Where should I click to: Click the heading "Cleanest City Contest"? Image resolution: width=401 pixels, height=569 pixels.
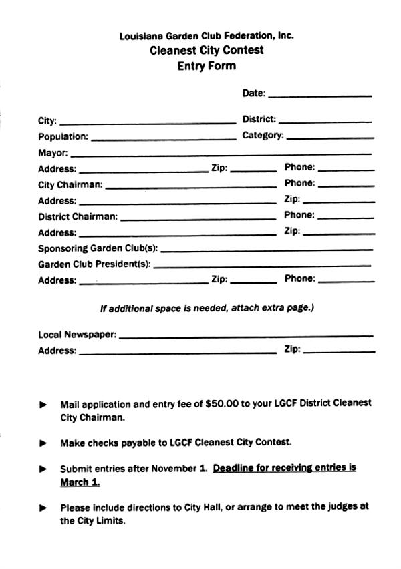[207, 50]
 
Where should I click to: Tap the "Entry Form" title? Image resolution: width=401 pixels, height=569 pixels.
[207, 66]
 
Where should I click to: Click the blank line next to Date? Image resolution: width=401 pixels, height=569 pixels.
[319, 95]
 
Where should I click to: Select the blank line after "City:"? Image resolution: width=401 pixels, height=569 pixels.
[148, 122]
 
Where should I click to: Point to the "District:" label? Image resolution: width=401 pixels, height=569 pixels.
[259, 120]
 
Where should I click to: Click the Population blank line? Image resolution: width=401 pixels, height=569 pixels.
[163, 138]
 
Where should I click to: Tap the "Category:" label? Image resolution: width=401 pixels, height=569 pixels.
[263, 136]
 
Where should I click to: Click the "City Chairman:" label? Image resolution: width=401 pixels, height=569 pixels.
[70, 185]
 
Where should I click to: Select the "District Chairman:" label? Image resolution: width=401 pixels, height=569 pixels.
[78, 216]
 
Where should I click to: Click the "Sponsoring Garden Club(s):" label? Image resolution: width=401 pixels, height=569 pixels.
[98, 248]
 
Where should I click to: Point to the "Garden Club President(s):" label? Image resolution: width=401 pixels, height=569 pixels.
[94, 264]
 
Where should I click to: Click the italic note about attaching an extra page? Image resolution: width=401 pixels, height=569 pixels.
[207, 309]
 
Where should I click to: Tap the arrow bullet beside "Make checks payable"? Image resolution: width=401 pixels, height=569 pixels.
[43, 443]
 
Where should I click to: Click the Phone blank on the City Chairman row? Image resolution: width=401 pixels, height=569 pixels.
[346, 185]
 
